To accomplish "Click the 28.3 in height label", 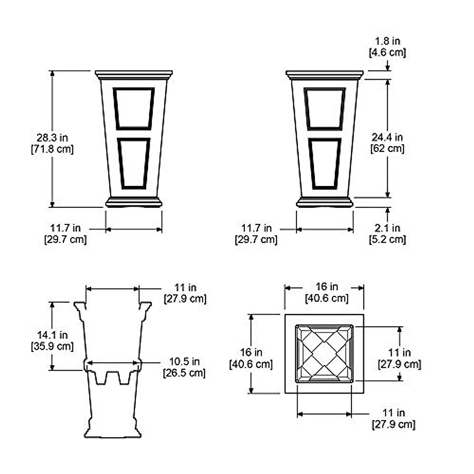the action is coord(52,138).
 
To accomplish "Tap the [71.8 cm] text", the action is coord(52,149).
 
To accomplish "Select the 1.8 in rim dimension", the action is coord(387,41).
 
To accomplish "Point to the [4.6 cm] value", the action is coord(387,53).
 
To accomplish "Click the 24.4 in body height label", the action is coord(387,137).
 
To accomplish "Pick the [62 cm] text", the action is coord(387,149).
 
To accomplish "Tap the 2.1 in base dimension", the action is coord(387,228).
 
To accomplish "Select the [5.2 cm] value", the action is coord(387,239).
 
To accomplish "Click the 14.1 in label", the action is coord(52,335).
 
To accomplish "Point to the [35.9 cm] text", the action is coord(52,346).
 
